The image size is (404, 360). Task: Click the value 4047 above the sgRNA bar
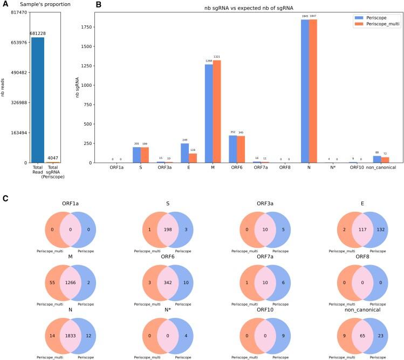[x=52, y=158]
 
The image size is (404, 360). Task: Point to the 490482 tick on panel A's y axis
[x=18, y=72]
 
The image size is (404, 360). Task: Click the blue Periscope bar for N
[x=305, y=91]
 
